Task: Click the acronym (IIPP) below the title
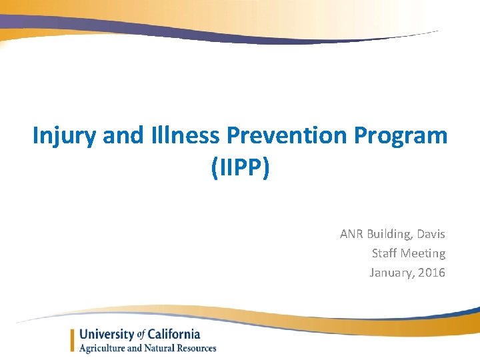(240, 168)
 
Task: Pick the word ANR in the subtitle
(351, 234)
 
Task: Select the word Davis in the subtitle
(431, 234)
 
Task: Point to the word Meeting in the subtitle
(423, 253)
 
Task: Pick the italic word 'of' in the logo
(141, 335)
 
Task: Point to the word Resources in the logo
(194, 348)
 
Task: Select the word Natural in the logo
(157, 348)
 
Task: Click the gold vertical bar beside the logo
(72, 341)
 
